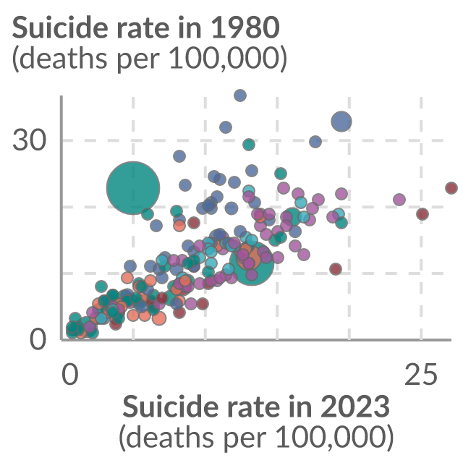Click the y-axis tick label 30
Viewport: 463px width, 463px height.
(x=30, y=140)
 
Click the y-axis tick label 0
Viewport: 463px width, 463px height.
(x=38, y=339)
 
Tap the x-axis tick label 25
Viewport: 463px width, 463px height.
(x=420, y=374)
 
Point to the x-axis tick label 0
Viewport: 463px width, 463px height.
(x=70, y=374)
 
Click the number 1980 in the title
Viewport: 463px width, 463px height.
(x=245, y=27)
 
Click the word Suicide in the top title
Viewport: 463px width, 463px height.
(x=59, y=27)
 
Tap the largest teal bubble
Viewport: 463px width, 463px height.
(x=133, y=188)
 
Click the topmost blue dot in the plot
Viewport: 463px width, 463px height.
(x=240, y=95)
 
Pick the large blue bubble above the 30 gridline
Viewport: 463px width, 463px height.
(x=341, y=122)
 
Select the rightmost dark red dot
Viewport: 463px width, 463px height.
(x=451, y=188)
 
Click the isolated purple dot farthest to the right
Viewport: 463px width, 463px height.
(x=399, y=200)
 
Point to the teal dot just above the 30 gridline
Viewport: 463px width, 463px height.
(x=249, y=145)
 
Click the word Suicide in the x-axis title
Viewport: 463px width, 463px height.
(x=169, y=406)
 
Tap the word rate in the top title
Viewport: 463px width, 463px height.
(x=141, y=28)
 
